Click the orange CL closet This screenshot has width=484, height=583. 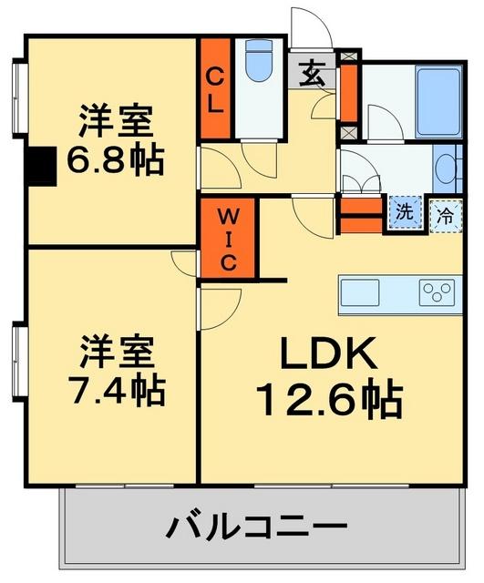click(215, 88)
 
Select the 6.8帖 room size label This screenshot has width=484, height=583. click(116, 162)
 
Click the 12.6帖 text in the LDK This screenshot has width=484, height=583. click(329, 399)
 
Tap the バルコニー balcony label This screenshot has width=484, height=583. click(258, 527)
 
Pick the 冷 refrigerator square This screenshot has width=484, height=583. click(445, 215)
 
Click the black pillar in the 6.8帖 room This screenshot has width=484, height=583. click(41, 168)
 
